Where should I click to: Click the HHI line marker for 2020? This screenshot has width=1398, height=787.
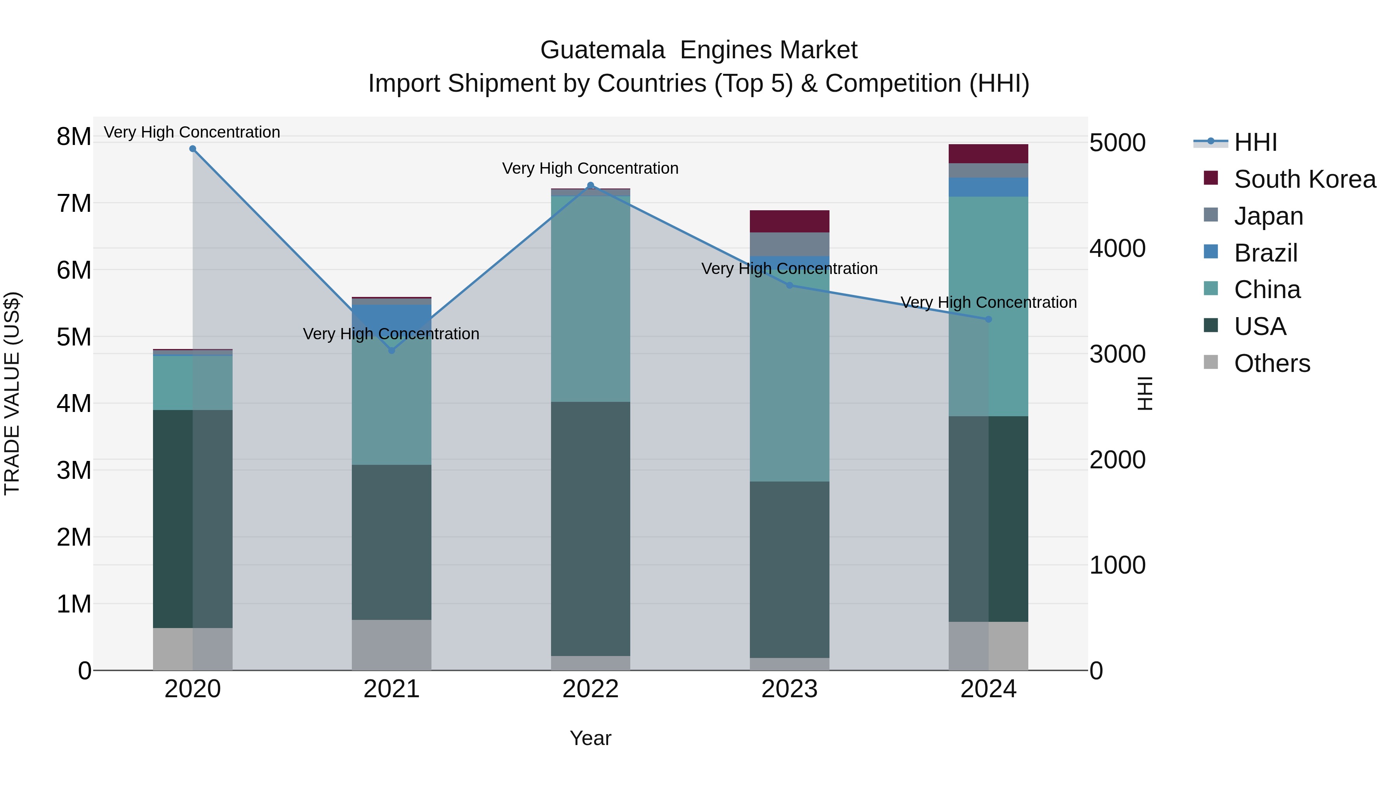tap(193, 149)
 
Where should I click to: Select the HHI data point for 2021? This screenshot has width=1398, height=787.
tap(392, 350)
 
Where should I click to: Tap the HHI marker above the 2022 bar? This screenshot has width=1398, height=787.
tap(590, 185)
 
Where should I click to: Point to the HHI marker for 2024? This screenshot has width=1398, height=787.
tap(988, 319)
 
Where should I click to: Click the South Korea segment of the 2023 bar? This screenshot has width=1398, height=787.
tap(789, 221)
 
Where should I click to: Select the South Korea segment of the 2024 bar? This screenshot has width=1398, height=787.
tap(988, 154)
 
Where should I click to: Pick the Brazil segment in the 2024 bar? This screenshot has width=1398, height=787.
tap(988, 187)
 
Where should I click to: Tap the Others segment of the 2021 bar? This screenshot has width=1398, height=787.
tap(392, 645)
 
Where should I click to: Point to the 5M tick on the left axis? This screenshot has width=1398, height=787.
tap(74, 337)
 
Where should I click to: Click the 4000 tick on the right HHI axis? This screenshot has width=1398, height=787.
tap(1117, 248)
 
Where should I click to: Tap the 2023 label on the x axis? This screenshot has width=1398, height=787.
tap(789, 689)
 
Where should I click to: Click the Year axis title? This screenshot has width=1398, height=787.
tap(590, 738)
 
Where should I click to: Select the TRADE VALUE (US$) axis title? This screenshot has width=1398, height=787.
tap(12, 393)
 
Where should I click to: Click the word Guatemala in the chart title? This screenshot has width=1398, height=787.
tap(602, 50)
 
